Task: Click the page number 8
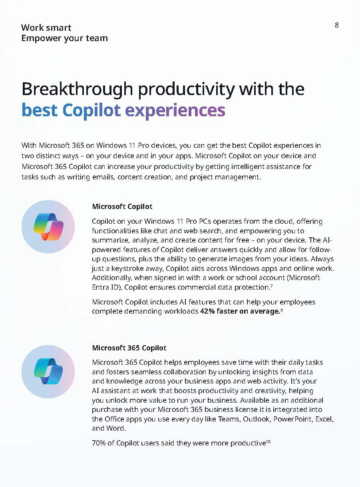[x=336, y=25]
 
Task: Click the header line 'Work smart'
[x=46, y=28]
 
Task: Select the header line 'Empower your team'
[x=65, y=38]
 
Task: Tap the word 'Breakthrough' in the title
[x=78, y=89]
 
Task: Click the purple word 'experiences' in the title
[x=175, y=110]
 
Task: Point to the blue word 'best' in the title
[x=40, y=110]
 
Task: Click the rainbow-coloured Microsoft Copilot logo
[x=48, y=227]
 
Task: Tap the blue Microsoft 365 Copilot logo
[x=48, y=372]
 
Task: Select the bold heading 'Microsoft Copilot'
[x=122, y=207]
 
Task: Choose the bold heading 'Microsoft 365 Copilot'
[x=129, y=348]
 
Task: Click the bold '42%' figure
[x=207, y=311]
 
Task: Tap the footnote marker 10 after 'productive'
[x=268, y=441]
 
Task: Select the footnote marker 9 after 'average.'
[x=281, y=310]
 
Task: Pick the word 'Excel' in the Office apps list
[x=324, y=419]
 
